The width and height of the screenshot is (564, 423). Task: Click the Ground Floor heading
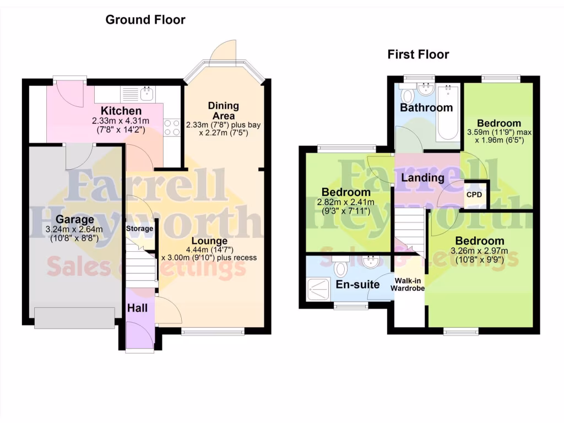pos(145,20)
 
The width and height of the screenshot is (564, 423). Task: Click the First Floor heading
pos(418,54)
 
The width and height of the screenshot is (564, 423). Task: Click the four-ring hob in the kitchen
pos(171,127)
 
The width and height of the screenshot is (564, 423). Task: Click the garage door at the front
pos(74,318)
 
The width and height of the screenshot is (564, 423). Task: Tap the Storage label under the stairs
pos(139,228)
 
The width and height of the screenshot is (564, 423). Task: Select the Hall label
pos(137,308)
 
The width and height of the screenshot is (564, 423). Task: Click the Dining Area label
pos(223,111)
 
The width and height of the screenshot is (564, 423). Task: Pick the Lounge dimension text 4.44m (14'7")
pos(209,250)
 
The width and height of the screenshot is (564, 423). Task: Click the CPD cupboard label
pos(474,195)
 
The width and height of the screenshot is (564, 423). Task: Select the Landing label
pos(422,178)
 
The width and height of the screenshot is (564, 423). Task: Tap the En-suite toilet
pos(340,268)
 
